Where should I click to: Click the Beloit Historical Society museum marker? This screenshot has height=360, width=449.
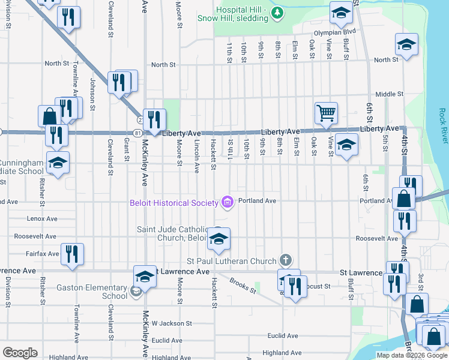tap(227, 202)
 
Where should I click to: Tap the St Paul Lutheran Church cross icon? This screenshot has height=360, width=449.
tap(286, 260)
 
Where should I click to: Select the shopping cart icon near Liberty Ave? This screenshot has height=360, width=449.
tap(326, 112)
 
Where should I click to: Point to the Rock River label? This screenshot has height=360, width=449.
tap(442, 125)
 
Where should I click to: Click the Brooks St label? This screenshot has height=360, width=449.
tap(243, 285)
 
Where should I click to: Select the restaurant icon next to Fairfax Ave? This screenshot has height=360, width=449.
tap(72, 253)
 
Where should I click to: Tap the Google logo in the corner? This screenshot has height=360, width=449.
tap(20, 353)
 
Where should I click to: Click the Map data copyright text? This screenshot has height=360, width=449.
tap(412, 355)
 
